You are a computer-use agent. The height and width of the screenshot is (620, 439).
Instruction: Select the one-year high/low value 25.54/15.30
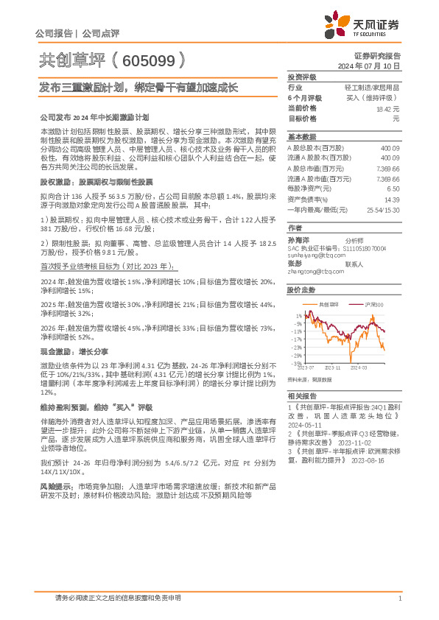pyautogui.click(x=383, y=209)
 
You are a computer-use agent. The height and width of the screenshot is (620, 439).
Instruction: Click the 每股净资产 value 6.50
pyautogui.click(x=393, y=189)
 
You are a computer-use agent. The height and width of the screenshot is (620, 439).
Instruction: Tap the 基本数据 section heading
pyautogui.click(x=301, y=137)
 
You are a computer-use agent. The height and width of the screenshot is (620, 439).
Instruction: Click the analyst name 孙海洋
pyautogui.click(x=296, y=240)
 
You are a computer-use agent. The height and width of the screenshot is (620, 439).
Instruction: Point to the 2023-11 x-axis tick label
pyautogui.click(x=332, y=366)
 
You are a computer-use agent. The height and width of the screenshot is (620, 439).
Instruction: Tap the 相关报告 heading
pyautogui.click(x=301, y=395)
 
